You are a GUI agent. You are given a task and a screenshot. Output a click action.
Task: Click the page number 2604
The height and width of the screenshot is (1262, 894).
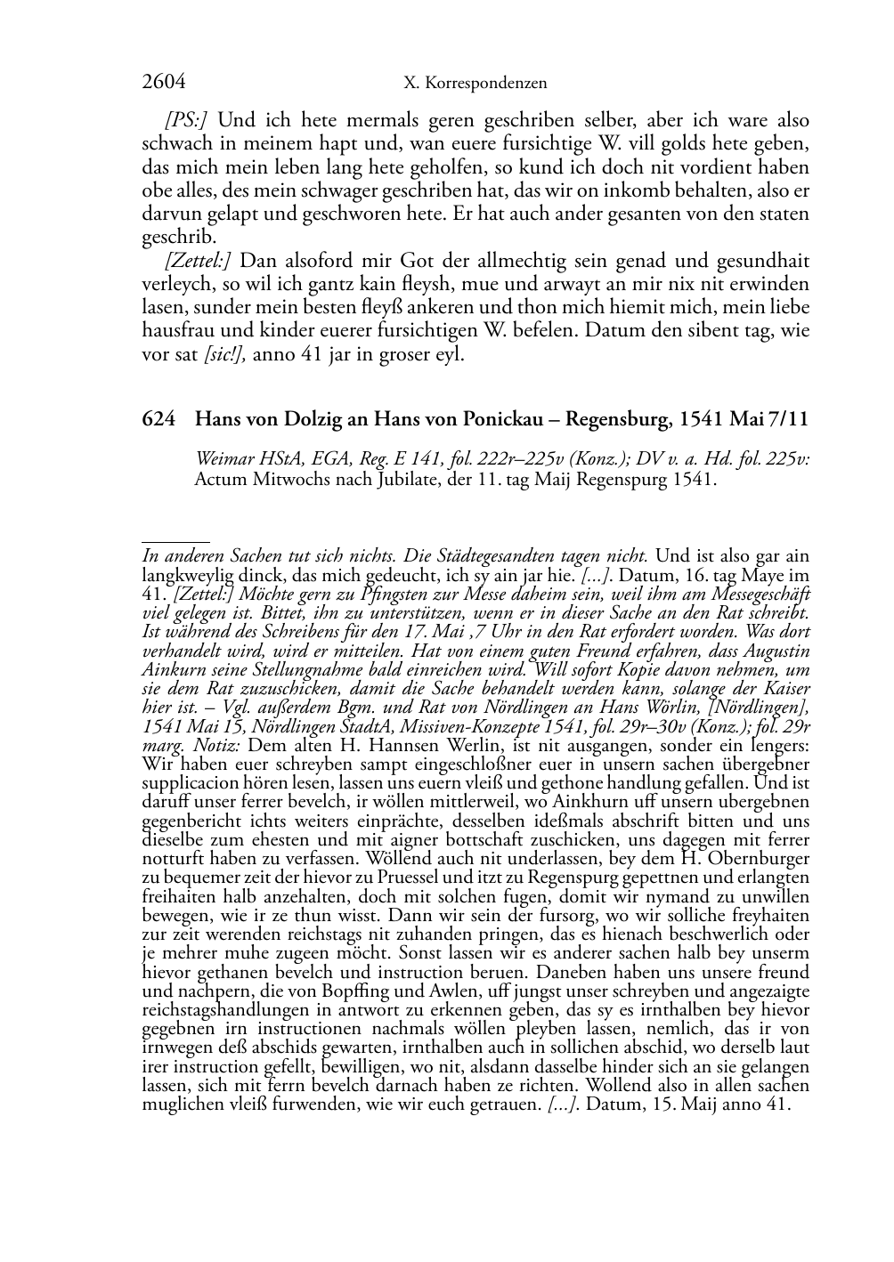click(164, 83)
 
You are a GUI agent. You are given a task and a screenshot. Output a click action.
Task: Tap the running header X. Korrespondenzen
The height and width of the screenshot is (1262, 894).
click(475, 84)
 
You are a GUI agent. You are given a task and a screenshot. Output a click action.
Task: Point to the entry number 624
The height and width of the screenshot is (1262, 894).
click(158, 419)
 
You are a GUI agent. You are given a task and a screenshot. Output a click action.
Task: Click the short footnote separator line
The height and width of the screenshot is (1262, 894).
click(175, 540)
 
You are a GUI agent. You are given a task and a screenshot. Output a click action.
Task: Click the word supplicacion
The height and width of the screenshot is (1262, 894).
click(190, 783)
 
